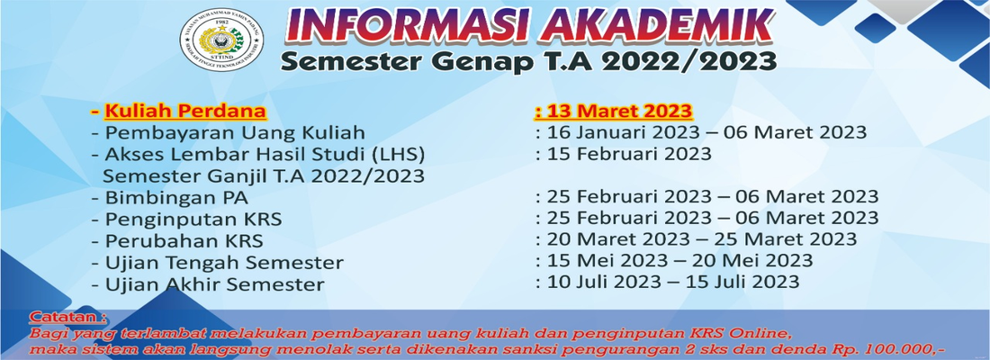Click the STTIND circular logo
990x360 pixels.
coord(221,40)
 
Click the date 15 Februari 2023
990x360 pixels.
coord(629,154)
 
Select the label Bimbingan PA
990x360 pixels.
coord(176,198)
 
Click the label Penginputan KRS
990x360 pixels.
coord(193,220)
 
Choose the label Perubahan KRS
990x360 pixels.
coord(184,240)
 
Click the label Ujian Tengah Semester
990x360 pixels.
coord(224,262)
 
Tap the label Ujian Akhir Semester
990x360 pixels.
coord(215,283)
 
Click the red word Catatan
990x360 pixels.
coord(66,317)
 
